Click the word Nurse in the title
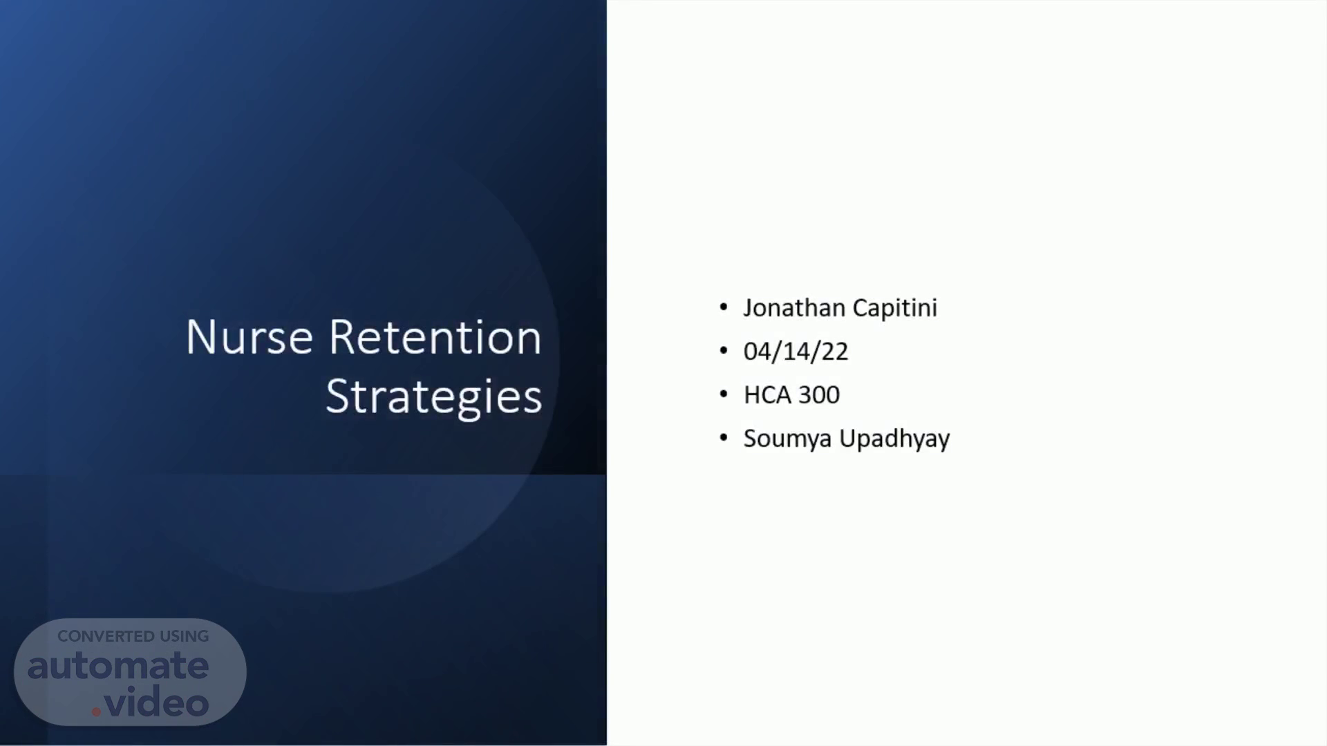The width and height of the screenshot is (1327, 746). click(250, 338)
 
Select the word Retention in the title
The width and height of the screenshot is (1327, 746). click(435, 338)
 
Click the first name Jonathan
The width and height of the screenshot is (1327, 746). click(794, 307)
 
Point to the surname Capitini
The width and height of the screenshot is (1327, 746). click(895, 308)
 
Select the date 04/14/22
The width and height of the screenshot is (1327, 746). click(796, 352)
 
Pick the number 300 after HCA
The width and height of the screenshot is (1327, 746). click(820, 395)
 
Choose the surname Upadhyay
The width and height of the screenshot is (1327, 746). click(895, 439)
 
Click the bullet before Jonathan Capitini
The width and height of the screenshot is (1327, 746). click(724, 307)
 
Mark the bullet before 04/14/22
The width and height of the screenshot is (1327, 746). click(724, 351)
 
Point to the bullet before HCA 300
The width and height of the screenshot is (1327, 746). click(724, 394)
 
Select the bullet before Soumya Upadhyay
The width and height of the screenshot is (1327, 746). click(724, 438)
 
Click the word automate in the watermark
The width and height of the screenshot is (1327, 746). click(118, 666)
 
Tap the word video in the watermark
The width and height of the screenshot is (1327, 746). click(157, 702)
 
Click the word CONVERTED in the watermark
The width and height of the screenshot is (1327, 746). click(106, 636)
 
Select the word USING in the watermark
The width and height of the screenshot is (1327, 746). click(185, 636)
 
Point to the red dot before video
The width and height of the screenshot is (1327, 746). click(96, 711)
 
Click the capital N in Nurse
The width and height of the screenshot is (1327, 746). click(201, 338)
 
